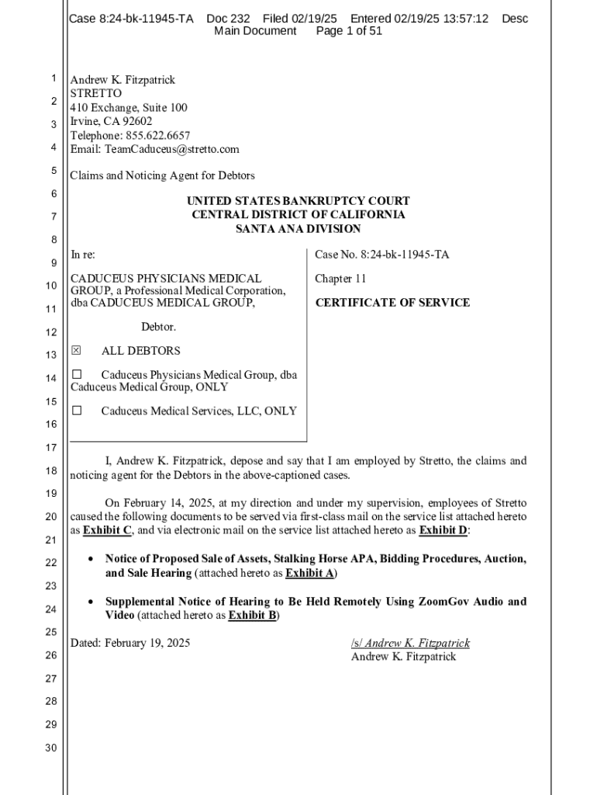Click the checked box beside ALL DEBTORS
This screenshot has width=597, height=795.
pyautogui.click(x=76, y=351)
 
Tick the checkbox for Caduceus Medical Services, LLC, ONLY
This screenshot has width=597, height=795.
pyautogui.click(x=77, y=411)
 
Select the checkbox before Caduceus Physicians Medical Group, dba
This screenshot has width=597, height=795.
pyautogui.click(x=77, y=375)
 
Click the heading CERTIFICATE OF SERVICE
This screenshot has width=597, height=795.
pyautogui.click(x=392, y=303)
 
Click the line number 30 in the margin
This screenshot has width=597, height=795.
pyautogui.click(x=51, y=748)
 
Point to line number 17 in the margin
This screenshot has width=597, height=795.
pyautogui.click(x=51, y=447)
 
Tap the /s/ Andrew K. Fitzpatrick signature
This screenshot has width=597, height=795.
pyautogui.click(x=410, y=644)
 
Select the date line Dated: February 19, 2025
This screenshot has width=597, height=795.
pyautogui.click(x=130, y=644)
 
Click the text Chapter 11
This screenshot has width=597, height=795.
pyautogui.click(x=340, y=279)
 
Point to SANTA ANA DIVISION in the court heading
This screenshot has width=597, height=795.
pyautogui.click(x=298, y=229)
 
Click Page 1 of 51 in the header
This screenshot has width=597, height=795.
pyautogui.click(x=349, y=31)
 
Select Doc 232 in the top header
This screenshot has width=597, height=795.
pyautogui.click(x=228, y=18)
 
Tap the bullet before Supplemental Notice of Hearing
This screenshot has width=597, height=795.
pyautogui.click(x=91, y=602)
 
